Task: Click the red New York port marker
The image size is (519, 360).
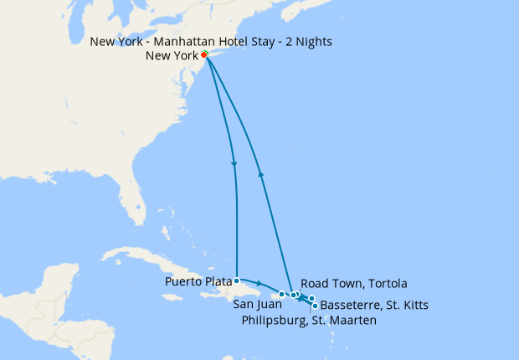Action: [x=204, y=55]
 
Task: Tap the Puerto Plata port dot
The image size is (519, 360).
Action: [x=237, y=280]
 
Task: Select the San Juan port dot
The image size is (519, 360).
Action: [x=281, y=295]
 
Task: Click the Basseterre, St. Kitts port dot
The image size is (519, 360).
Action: [x=314, y=306]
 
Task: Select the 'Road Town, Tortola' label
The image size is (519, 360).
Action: [x=354, y=283]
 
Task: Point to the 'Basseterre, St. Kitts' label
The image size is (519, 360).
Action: [x=374, y=306]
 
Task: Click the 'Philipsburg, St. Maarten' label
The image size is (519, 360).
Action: [x=309, y=320]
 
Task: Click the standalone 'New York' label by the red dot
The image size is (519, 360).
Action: [x=172, y=56]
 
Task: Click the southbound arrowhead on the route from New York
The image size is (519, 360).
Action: [x=234, y=163]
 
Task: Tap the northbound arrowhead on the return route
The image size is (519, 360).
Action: [x=261, y=174]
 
